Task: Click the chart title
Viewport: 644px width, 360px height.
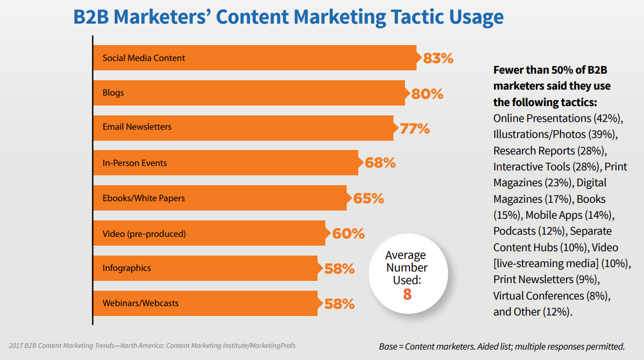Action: tap(288, 17)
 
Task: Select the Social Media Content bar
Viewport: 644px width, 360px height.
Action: tap(254, 58)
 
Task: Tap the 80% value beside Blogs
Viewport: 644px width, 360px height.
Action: tap(427, 94)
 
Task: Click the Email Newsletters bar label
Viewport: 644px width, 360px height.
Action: tap(137, 127)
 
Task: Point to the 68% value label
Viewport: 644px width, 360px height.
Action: tap(380, 163)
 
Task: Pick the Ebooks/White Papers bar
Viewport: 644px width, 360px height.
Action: tap(220, 198)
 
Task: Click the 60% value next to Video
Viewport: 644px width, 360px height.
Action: tap(348, 234)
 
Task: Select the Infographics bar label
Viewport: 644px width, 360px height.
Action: tap(126, 268)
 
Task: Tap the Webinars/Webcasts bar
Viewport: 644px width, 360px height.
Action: tap(205, 303)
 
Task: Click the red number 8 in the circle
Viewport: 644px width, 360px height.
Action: tap(407, 295)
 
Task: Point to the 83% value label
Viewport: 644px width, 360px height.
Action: tap(438, 58)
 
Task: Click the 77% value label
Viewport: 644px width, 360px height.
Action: tap(415, 129)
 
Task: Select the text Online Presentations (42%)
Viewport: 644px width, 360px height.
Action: tap(557, 119)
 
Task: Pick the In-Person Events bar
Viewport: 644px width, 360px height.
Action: tap(225, 163)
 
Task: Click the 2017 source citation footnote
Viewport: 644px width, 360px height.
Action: tap(152, 346)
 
